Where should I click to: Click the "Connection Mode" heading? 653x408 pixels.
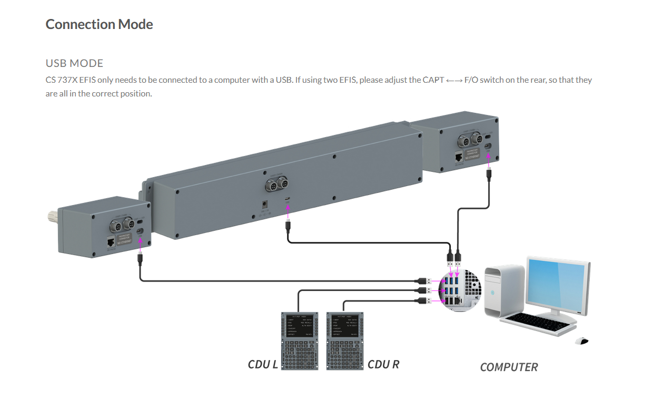click(99, 24)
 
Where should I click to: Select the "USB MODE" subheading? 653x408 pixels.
click(74, 63)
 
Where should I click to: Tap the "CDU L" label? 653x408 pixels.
click(262, 364)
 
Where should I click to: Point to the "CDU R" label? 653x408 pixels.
click(383, 364)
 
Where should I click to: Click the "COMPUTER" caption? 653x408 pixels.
click(509, 367)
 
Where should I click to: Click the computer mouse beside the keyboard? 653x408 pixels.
click(581, 341)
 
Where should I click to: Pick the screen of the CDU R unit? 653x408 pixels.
click(345, 326)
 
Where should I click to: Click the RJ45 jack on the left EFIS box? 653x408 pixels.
click(110, 242)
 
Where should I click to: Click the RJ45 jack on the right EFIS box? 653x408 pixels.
click(459, 157)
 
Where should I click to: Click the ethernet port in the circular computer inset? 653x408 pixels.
click(459, 300)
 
